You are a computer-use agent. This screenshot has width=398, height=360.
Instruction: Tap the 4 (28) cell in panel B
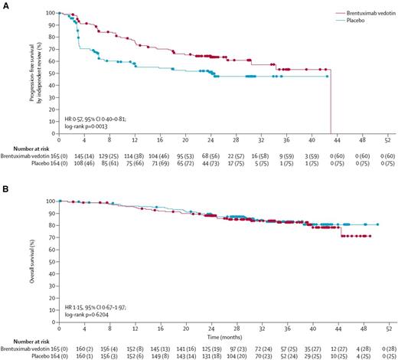click(364, 347)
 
